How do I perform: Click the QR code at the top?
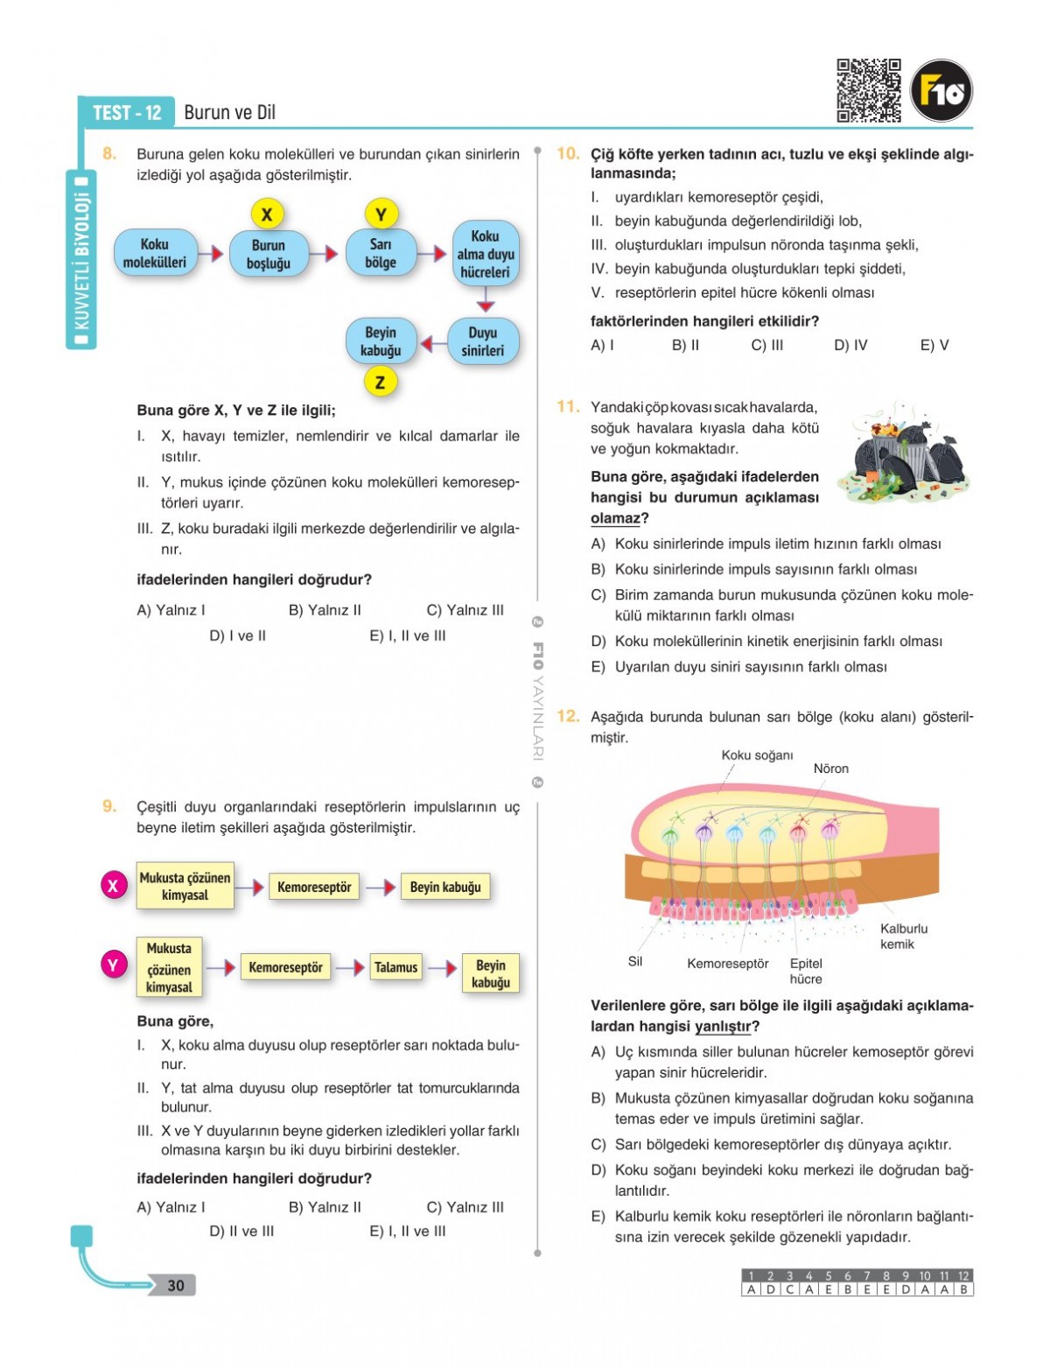tap(868, 90)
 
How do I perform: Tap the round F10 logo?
tap(941, 90)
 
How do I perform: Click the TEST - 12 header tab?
tap(127, 113)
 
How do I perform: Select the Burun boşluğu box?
tap(269, 254)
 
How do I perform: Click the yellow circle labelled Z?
tap(380, 382)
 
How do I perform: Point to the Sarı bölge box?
tap(381, 253)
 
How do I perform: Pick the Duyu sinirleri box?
tap(482, 341)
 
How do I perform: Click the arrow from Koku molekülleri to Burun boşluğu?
tap(211, 254)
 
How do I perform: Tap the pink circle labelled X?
tap(113, 886)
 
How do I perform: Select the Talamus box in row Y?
tap(395, 967)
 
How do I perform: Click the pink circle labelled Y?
tap(113, 965)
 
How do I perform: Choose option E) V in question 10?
tap(934, 345)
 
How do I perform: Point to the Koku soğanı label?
tap(757, 755)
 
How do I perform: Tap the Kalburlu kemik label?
tap(903, 936)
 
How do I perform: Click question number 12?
tap(568, 716)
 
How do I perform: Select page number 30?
tap(176, 1285)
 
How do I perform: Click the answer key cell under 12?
tap(963, 1289)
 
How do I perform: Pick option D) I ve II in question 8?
tap(238, 635)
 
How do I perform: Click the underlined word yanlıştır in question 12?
tap(723, 1026)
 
